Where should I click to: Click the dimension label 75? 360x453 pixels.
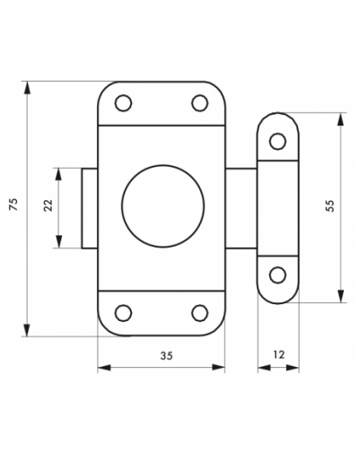click(14, 205)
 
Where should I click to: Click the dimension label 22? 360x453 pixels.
click(48, 205)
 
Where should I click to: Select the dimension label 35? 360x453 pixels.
click(166, 356)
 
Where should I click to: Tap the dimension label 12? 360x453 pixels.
click(278, 354)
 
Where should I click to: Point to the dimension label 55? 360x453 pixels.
click(329, 205)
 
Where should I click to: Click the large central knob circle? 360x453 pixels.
click(163, 206)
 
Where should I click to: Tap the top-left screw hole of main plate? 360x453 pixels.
click(123, 103)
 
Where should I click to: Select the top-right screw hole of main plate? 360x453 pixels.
click(199, 103)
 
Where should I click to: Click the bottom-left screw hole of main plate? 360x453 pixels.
click(123, 313)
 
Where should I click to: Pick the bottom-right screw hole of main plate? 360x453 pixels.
click(199, 313)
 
